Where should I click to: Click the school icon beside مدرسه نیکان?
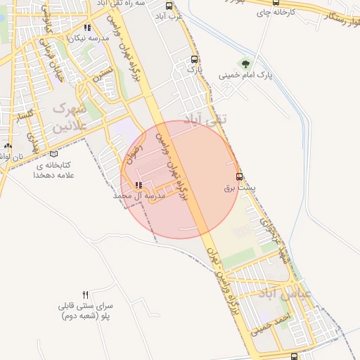coord(87,29)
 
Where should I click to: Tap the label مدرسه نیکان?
coord(94,39)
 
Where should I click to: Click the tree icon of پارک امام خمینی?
coord(245,64)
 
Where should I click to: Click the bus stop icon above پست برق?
coord(239,176)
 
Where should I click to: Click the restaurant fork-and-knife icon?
coord(86,295)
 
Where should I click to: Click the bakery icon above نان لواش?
coord(8,146)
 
